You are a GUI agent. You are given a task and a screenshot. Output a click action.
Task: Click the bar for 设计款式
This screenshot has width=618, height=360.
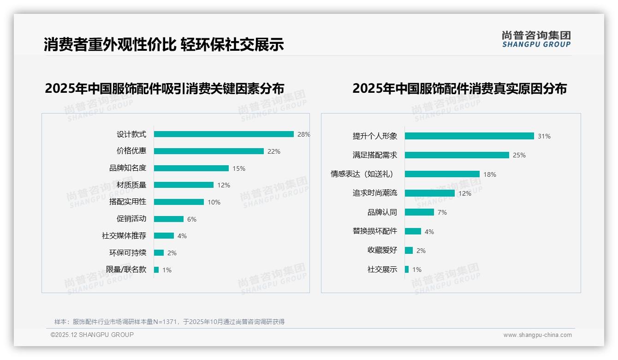coord(224,134)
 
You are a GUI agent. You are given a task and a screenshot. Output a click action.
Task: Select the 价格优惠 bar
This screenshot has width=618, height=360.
coord(208,151)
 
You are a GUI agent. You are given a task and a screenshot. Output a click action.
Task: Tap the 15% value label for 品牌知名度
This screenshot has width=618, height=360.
coord(238,168)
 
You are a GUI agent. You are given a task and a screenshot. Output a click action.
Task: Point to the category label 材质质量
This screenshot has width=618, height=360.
coord(131,185)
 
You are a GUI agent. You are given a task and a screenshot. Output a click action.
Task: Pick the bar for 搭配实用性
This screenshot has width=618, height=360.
coord(179,202)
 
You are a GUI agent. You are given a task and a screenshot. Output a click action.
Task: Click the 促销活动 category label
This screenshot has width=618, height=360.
coord(131,219)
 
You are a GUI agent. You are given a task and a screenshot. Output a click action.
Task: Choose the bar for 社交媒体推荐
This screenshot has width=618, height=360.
coord(164,236)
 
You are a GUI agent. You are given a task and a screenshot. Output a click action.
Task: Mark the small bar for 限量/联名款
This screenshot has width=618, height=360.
coord(156,270)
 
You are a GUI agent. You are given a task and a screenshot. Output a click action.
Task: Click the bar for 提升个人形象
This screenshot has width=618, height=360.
coord(469,136)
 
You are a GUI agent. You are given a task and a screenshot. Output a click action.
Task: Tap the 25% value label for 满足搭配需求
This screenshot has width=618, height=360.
coord(519,155)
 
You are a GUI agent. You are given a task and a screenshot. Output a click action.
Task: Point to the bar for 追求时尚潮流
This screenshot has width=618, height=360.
coord(429,193)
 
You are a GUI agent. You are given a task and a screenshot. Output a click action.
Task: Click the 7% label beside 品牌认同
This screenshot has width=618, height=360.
coord(442,212)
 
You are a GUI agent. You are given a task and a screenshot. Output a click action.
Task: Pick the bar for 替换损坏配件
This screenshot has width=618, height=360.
coord(413,231)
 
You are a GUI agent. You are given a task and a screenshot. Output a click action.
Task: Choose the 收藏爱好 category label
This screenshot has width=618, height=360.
coord(382,250)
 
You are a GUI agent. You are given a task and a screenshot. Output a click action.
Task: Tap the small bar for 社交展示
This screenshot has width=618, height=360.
coord(407,270)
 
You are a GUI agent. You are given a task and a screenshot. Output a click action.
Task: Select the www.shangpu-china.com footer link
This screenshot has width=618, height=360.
coord(537,335)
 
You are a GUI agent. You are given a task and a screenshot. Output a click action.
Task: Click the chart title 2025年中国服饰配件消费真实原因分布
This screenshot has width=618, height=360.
coord(459,88)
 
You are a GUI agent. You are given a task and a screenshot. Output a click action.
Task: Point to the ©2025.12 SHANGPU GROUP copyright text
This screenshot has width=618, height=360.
coord(92,335)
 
